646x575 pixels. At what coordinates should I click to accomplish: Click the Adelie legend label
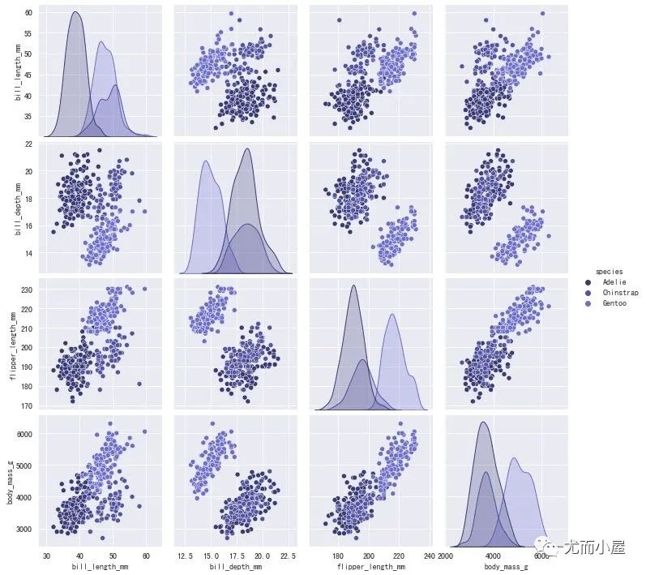pos(614,281)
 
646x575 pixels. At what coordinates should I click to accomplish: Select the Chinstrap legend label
pos(620,292)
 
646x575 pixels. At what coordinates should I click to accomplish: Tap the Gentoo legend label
pos(614,303)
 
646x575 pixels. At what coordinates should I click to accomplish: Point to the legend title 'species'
pos(609,271)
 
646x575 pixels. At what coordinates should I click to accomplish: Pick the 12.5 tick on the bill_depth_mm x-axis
pos(186,556)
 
